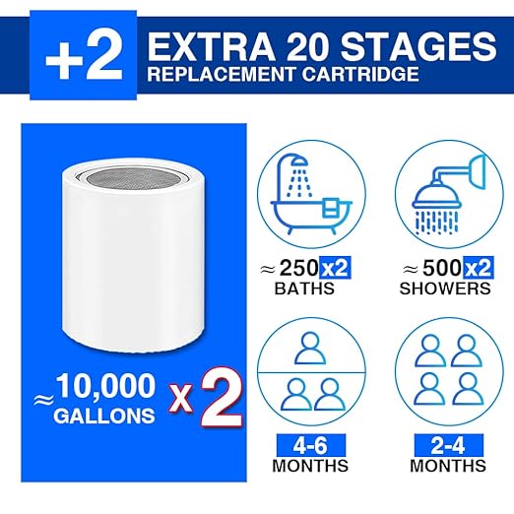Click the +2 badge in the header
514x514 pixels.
[x=84, y=55]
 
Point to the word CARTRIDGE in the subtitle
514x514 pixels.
[x=360, y=74]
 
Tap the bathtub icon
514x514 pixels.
[x=311, y=194]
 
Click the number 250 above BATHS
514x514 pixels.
[x=298, y=268]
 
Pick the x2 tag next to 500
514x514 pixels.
[x=479, y=268]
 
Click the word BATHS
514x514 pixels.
[x=304, y=289]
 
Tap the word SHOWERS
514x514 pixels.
[x=445, y=289]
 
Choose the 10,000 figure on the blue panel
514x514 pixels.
[x=106, y=386]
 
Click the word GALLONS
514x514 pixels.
[x=104, y=416]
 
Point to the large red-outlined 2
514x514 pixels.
[x=222, y=400]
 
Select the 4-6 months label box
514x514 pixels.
[x=311, y=445]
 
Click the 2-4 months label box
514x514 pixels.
[x=448, y=445]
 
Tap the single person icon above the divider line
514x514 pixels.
[x=310, y=349]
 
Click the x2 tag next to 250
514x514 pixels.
[x=335, y=268]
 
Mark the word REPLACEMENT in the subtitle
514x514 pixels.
[x=222, y=74]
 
